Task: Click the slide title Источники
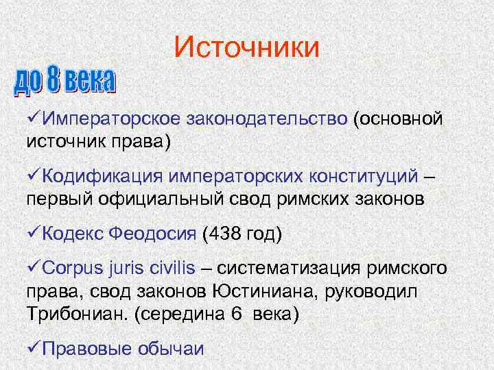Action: click(x=246, y=47)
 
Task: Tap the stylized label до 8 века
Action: click(x=64, y=81)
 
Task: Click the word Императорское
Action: click(x=110, y=119)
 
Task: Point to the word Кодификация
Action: click(x=101, y=176)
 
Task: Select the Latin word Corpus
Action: click(x=73, y=268)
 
